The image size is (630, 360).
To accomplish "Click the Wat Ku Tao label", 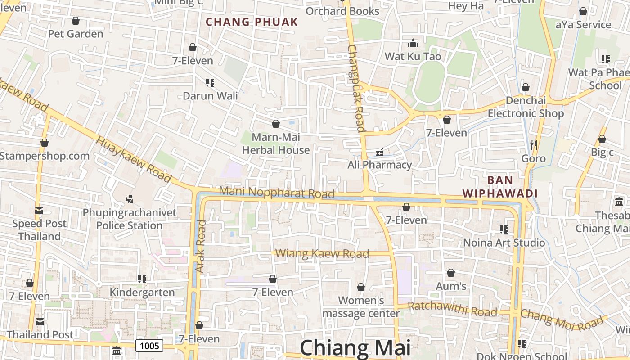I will point(413,57).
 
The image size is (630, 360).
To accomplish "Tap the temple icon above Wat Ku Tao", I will point(413,44).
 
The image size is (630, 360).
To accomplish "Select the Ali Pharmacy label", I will point(379,165).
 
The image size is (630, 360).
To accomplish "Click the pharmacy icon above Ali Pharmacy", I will point(380,152).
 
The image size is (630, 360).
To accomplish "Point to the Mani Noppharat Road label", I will point(276,193).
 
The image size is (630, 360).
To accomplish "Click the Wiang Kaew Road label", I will point(322,253).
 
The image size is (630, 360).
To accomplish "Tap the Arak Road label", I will point(201,246).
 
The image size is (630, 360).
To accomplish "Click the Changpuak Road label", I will point(355,88).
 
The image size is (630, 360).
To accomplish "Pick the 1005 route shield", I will point(149,346).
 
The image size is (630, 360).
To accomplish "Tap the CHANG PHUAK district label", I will point(252,22).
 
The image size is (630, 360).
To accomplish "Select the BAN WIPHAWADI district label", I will point(500,187).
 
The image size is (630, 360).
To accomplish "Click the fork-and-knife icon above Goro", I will point(534,145).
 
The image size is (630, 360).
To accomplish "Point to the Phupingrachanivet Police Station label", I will point(130,219).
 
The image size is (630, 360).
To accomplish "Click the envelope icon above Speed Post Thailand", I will point(39,210).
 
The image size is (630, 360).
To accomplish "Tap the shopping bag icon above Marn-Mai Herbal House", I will point(276,124).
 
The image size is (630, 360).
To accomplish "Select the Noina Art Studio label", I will point(504,243).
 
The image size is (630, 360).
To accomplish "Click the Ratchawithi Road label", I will point(452,309).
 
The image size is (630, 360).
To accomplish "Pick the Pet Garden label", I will point(76,34).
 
